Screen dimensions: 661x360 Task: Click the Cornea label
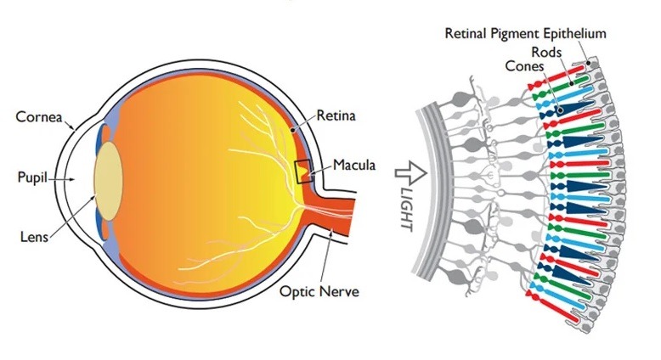coord(39,116)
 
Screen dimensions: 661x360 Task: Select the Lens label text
coord(34,237)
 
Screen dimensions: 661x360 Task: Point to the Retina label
coord(336,115)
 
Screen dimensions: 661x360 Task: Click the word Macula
coord(354,165)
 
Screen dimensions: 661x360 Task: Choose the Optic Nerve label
coord(319,291)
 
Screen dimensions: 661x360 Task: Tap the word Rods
coord(546,52)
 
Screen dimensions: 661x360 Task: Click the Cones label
coord(524,65)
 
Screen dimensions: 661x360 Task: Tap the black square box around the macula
coord(304,172)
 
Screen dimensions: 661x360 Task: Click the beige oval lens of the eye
coord(109,181)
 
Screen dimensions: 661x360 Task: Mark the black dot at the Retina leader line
coord(291,131)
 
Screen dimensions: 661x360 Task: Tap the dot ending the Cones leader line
coord(560,110)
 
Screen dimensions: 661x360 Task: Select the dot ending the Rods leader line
coord(572,83)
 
